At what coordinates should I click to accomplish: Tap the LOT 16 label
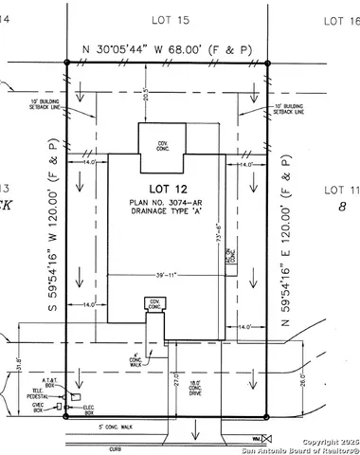coord(339,19)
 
